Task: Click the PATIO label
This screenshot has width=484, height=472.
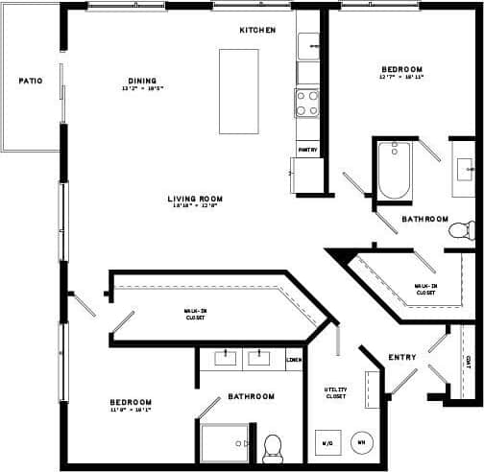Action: click(x=30, y=81)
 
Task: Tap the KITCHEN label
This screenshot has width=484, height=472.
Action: click(x=257, y=31)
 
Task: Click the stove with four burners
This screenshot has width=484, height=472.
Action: click(x=307, y=103)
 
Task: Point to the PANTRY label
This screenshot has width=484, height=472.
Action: click(x=307, y=150)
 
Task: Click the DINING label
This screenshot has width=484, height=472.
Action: click(x=142, y=81)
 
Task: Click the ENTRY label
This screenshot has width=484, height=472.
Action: click(x=401, y=358)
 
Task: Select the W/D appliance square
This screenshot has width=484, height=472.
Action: click(x=327, y=442)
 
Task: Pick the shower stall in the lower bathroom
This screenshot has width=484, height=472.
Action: click(x=223, y=442)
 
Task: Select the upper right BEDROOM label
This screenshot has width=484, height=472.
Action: click(x=401, y=70)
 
